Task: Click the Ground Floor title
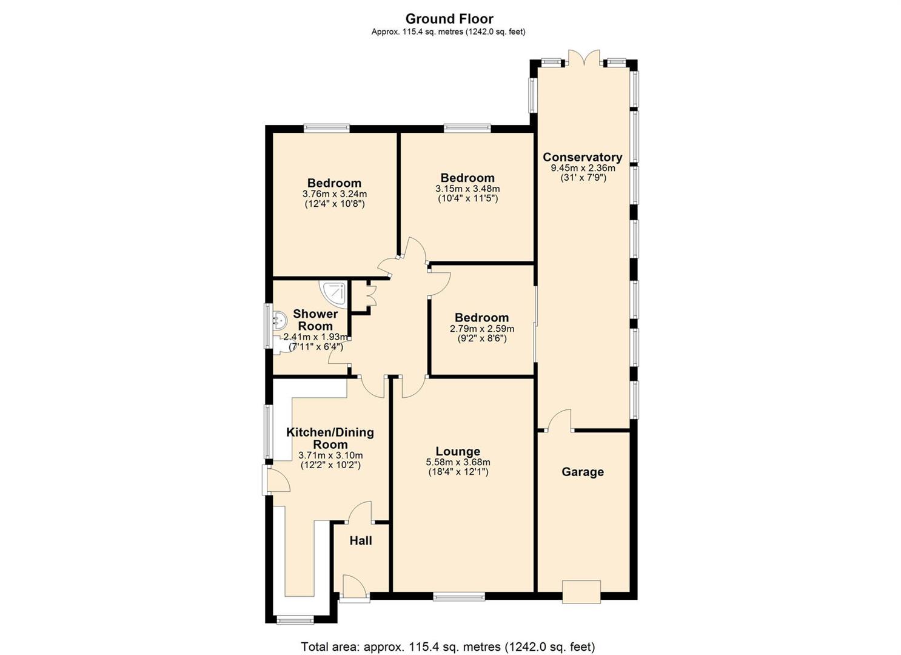point(449,19)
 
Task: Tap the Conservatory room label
point(583,157)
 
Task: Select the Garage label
point(583,471)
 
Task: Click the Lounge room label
point(458,451)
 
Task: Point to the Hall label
point(360,541)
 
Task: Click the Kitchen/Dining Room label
point(330,438)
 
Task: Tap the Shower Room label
point(315,320)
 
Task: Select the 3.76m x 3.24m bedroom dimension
point(335,194)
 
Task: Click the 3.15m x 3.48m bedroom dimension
point(467,189)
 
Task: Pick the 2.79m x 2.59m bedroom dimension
point(482,329)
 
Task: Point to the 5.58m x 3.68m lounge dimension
point(458,462)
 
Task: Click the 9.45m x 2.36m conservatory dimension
point(583,168)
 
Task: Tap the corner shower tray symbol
point(334,295)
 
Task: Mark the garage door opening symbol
point(581,592)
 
